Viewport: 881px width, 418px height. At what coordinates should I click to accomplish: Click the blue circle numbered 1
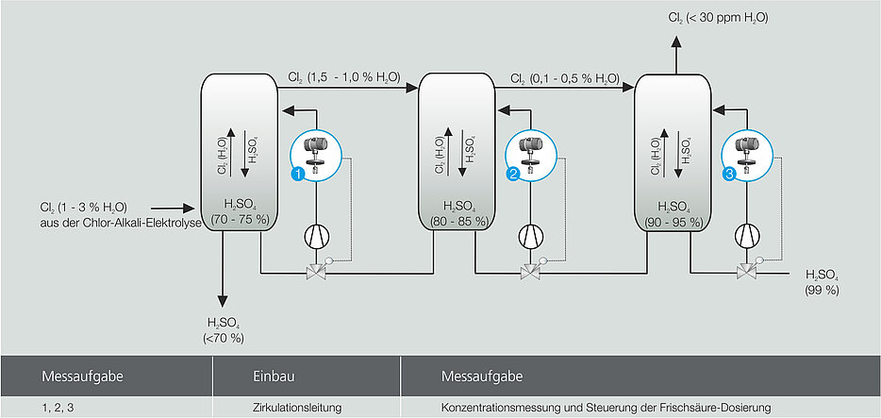(x=297, y=174)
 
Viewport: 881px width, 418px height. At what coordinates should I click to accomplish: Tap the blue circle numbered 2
(x=514, y=174)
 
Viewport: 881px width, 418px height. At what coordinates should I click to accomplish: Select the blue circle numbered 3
(x=729, y=174)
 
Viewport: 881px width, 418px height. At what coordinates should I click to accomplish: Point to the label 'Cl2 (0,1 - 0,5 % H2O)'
(x=564, y=78)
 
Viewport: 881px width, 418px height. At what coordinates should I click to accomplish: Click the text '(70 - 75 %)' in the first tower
(x=240, y=220)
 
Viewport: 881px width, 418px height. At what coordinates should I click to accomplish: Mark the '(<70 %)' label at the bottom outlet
(x=224, y=337)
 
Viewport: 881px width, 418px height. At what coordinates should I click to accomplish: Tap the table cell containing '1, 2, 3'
(x=59, y=407)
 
